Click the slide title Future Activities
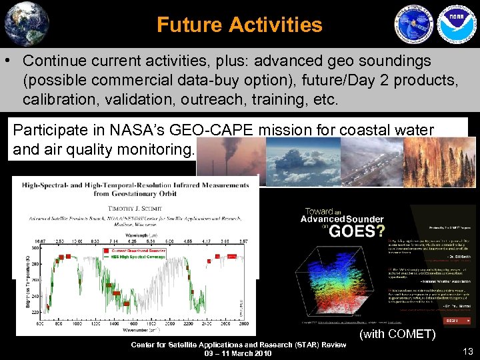tap(239, 25)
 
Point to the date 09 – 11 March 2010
tap(238, 353)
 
